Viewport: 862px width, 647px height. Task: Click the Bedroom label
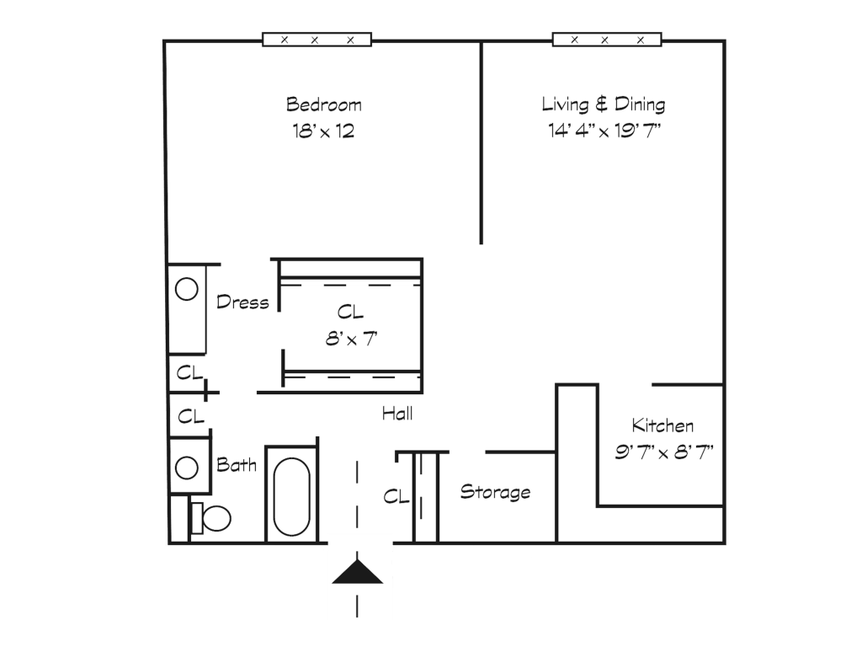click(x=324, y=104)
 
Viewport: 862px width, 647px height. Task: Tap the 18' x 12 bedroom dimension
click(x=323, y=131)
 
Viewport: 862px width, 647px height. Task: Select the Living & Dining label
click(x=603, y=104)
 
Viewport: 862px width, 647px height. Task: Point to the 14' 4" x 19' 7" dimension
click(x=604, y=131)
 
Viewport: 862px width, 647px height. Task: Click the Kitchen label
click(x=662, y=425)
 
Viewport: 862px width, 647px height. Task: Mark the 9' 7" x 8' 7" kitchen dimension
click(x=663, y=452)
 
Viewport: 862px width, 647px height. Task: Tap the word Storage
click(x=495, y=492)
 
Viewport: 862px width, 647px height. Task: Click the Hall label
click(x=397, y=413)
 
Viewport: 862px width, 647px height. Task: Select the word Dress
click(x=242, y=302)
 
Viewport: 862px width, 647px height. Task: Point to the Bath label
click(x=237, y=465)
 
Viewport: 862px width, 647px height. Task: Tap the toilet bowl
click(x=216, y=518)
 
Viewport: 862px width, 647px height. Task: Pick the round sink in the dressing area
click(x=186, y=289)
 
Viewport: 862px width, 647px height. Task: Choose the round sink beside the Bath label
click(x=186, y=468)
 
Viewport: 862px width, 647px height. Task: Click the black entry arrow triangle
click(x=357, y=572)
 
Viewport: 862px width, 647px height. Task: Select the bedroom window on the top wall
click(x=317, y=40)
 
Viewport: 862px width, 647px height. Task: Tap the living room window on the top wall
click(x=607, y=40)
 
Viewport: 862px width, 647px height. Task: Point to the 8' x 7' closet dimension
click(x=351, y=339)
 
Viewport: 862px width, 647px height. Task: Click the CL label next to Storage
click(x=396, y=497)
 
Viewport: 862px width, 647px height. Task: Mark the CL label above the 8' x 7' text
click(x=350, y=313)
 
